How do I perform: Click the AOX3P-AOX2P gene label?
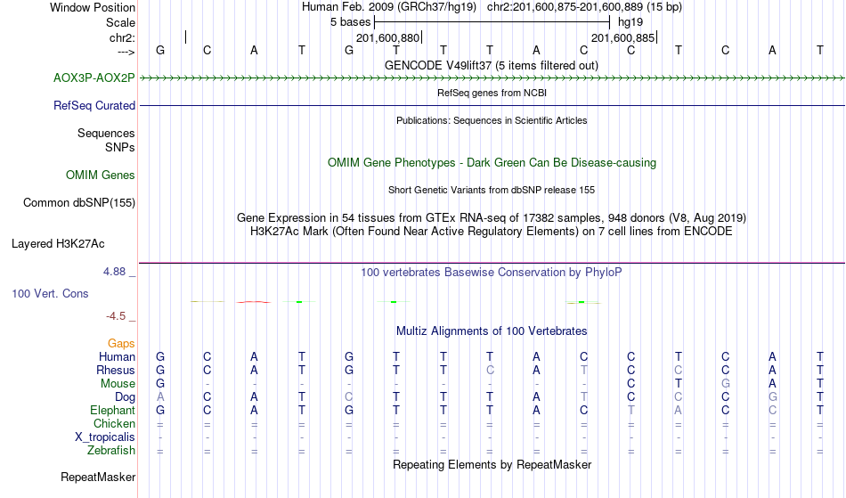point(94,78)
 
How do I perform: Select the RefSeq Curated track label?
point(94,106)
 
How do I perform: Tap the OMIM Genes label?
point(101,176)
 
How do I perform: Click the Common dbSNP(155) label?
point(78,203)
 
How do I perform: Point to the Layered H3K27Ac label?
point(58,244)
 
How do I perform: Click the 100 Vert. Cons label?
point(50,293)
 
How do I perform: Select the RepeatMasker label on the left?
point(98,477)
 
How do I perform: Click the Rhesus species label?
point(116,370)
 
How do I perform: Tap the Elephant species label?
point(112,411)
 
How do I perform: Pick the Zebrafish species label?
point(111,451)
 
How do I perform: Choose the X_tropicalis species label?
point(105,437)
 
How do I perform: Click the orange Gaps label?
point(121,344)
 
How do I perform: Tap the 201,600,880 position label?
point(387,37)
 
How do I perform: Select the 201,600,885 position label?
point(622,37)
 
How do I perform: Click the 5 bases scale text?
point(351,22)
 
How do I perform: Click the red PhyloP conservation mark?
point(254,302)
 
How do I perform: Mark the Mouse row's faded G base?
point(725,384)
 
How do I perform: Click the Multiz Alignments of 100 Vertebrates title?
point(492,331)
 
